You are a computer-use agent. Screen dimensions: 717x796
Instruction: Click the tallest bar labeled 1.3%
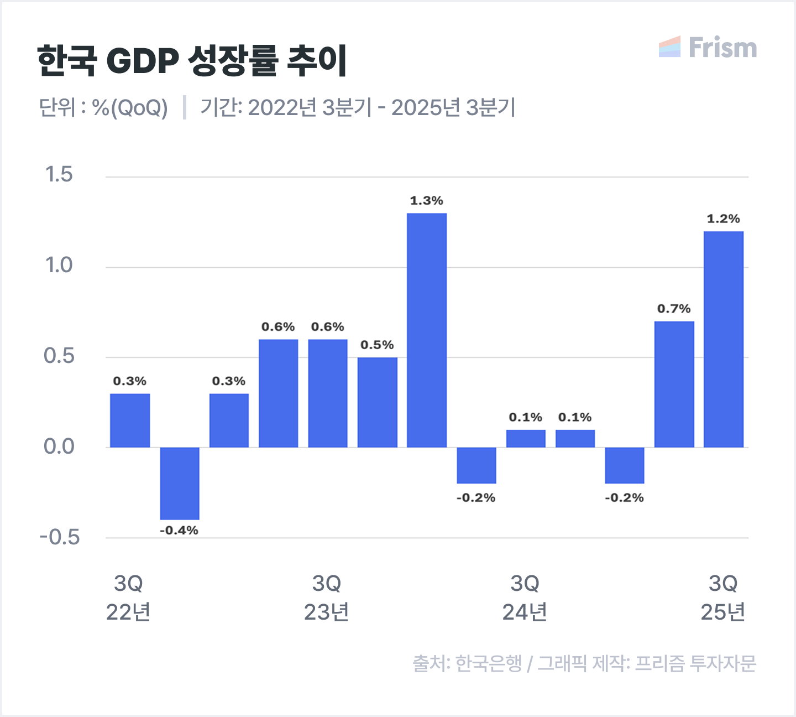point(427,330)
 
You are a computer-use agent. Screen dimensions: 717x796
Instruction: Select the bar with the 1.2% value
point(723,339)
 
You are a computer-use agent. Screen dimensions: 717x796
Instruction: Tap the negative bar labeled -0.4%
point(180,483)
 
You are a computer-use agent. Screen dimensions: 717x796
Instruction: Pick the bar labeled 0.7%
point(674,384)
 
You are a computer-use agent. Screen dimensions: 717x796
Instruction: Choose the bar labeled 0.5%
point(377,402)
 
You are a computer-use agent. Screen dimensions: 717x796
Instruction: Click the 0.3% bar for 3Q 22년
point(130,420)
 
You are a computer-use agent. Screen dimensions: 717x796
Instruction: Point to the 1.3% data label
point(426,201)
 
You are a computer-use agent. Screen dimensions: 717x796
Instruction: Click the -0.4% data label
point(179,531)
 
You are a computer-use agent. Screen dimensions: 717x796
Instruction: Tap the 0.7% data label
point(674,309)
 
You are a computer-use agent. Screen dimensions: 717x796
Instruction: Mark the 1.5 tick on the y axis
point(59,175)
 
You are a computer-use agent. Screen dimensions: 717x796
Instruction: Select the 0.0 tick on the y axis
point(59,446)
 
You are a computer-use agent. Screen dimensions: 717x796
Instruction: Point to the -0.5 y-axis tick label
point(60,537)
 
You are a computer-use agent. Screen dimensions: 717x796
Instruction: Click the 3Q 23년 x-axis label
point(327,597)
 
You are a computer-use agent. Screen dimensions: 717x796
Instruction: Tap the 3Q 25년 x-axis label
point(723,597)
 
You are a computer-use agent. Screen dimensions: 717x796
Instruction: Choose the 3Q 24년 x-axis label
point(525,597)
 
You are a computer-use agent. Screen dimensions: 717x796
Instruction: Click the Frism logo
point(708,48)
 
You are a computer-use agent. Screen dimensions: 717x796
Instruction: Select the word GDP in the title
point(142,60)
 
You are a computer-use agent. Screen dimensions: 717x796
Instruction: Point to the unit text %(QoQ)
point(130,107)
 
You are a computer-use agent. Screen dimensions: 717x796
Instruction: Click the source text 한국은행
point(489,663)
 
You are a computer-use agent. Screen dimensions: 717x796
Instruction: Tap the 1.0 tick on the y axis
point(59,266)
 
